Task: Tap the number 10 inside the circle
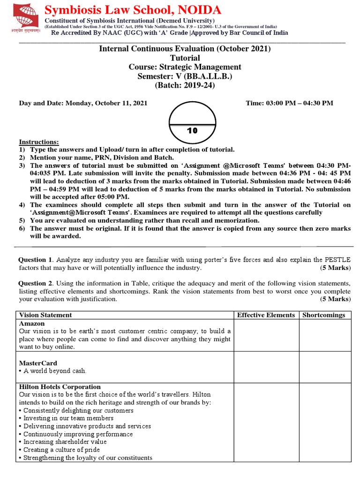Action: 192,131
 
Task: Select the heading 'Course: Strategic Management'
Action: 185,67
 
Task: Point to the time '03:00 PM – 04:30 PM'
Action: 289,103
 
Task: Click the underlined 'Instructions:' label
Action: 39,142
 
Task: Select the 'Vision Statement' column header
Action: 45,315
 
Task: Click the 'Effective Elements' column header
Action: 266,315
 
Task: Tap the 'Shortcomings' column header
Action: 323,315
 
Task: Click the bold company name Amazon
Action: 32,323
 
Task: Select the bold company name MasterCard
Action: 37,363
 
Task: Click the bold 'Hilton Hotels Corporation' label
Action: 60,387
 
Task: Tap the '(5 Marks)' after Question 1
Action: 335,268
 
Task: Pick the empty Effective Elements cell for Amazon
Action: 266,335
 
